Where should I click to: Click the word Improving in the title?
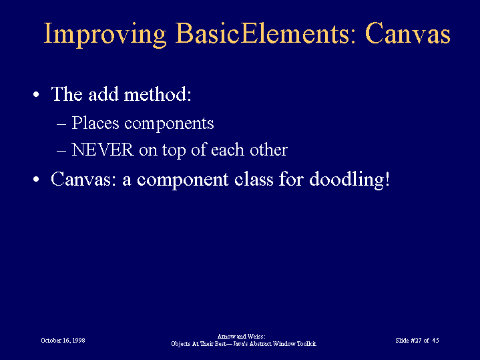pyautogui.click(x=105, y=34)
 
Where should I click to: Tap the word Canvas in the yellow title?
pyautogui.click(x=408, y=33)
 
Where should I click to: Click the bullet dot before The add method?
pyautogui.click(x=36, y=94)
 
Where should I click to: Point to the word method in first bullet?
pyautogui.click(x=158, y=94)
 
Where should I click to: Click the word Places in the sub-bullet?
pyautogui.click(x=95, y=123)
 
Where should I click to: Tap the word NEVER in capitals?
pyautogui.click(x=103, y=150)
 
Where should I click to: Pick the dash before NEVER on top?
pyautogui.click(x=61, y=151)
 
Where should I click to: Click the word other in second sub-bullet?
pyautogui.click(x=268, y=150)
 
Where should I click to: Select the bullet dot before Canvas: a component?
pyautogui.click(x=36, y=179)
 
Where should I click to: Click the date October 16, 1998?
pyautogui.click(x=63, y=341)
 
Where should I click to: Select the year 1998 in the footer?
pyautogui.click(x=79, y=341)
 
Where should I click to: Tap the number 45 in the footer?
pyautogui.click(x=436, y=341)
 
